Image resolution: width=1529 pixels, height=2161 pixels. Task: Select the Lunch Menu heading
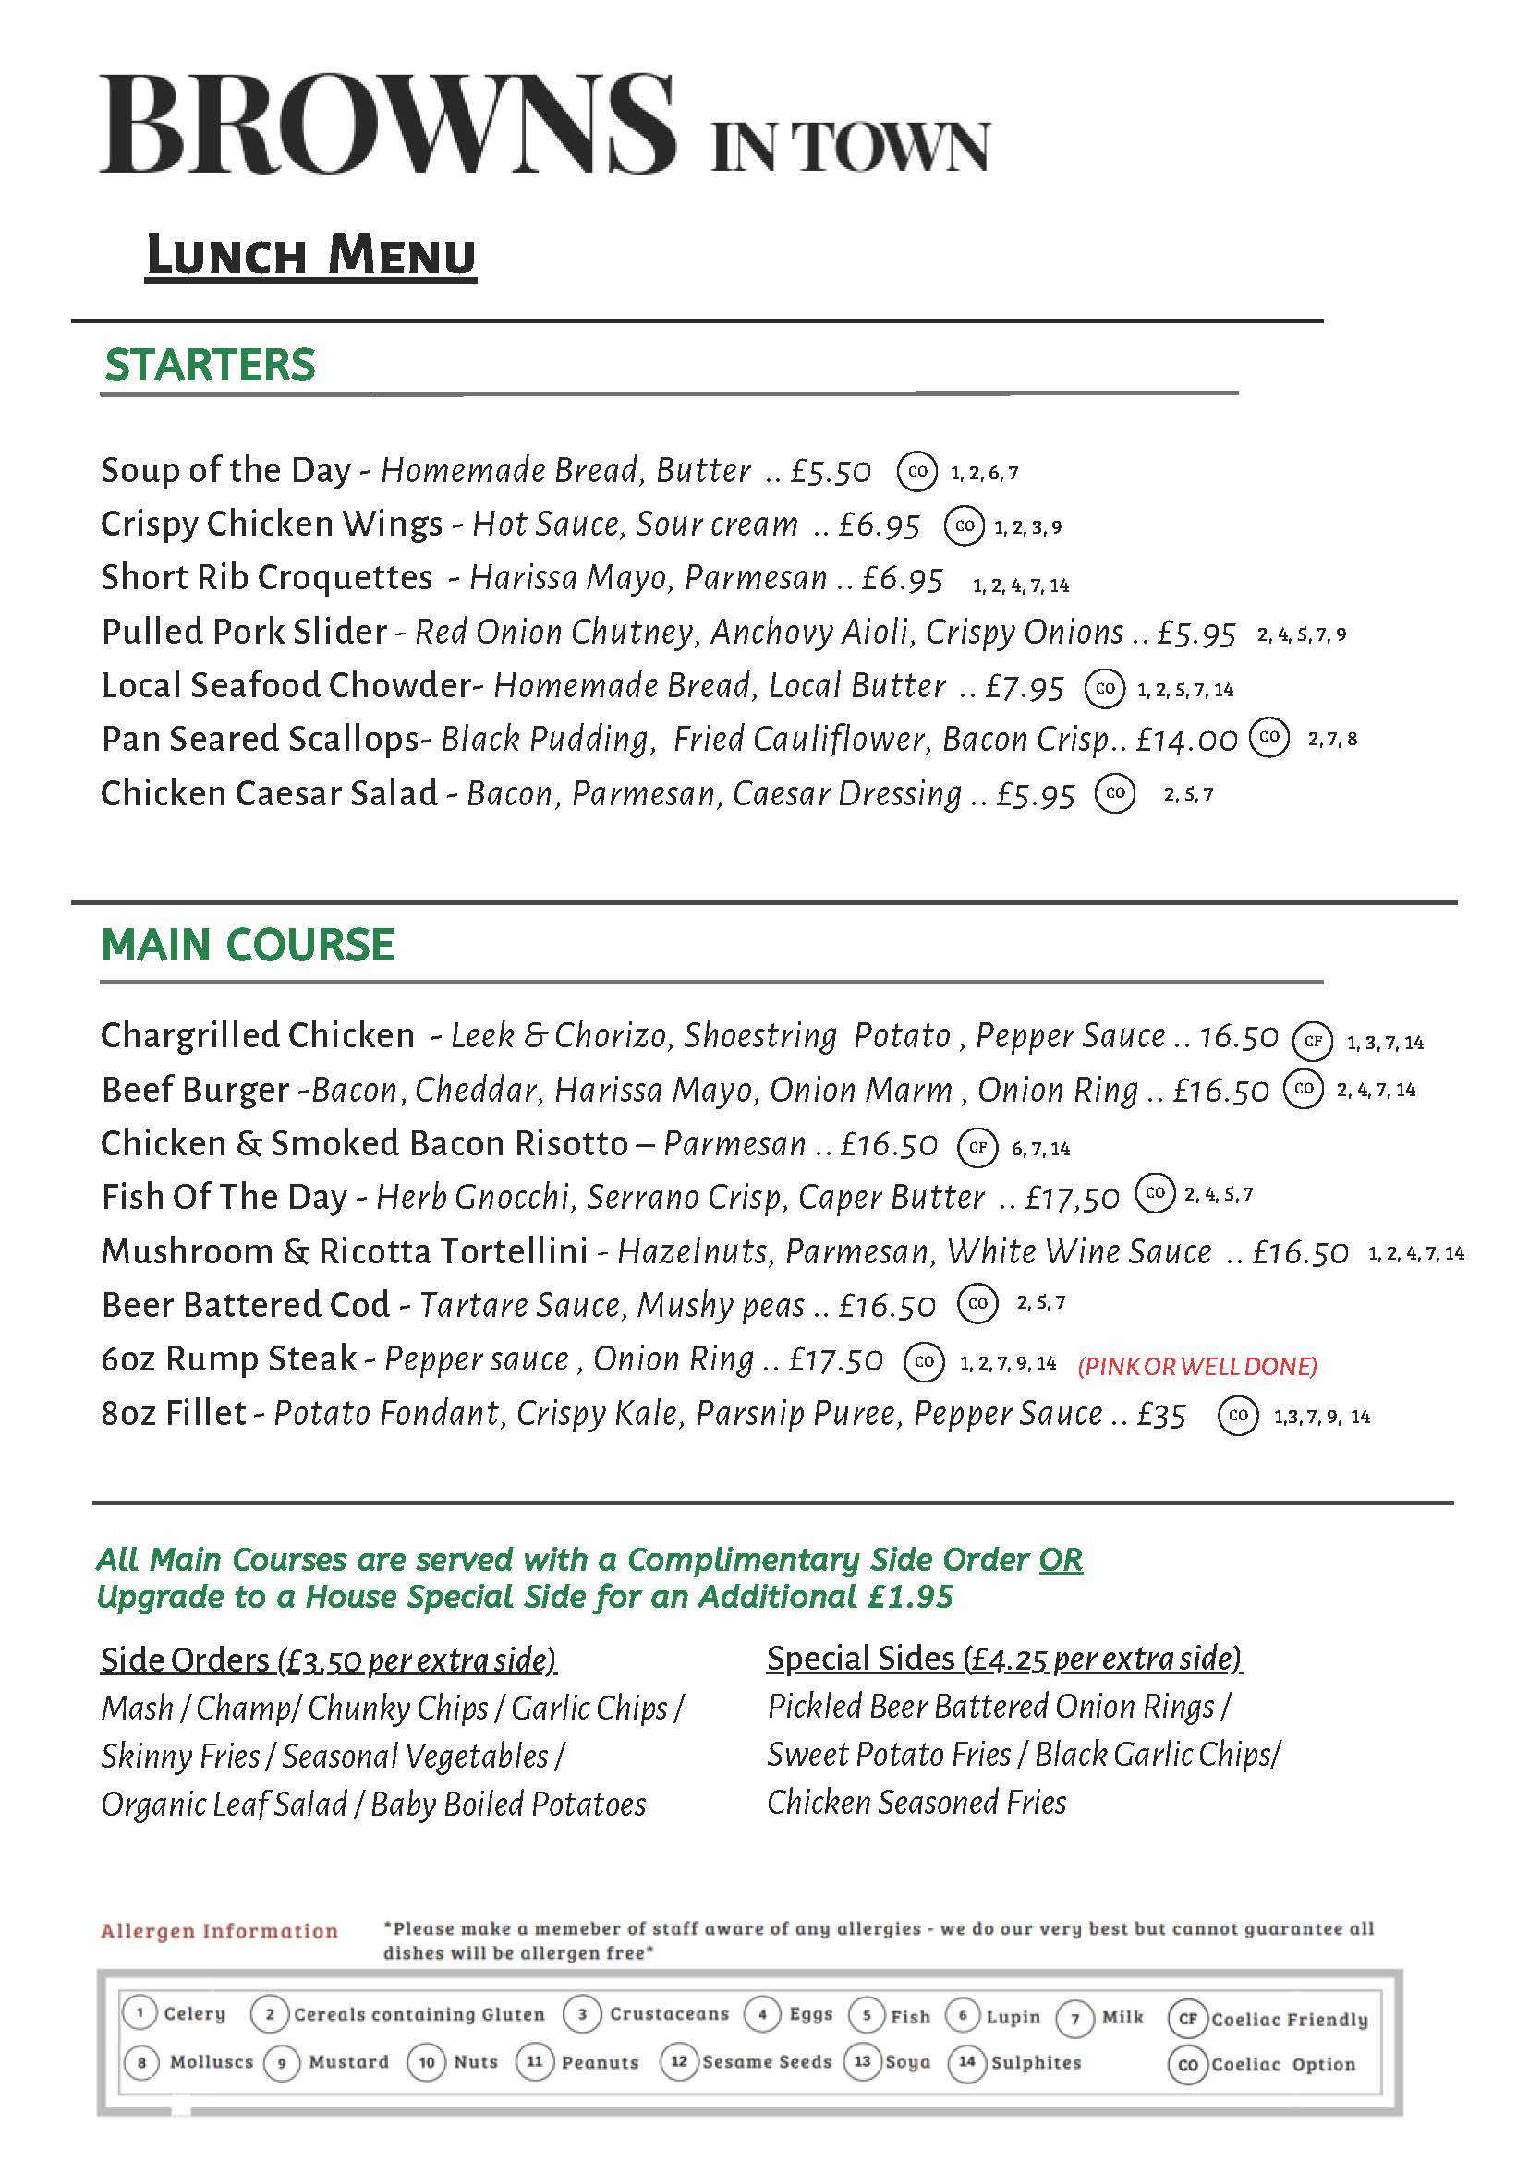click(x=310, y=256)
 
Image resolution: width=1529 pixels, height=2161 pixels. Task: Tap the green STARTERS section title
click(x=210, y=365)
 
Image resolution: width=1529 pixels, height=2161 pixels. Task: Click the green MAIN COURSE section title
click(x=247, y=945)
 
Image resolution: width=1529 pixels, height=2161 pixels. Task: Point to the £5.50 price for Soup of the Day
click(x=831, y=472)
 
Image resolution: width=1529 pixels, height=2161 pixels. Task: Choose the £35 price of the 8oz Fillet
click(x=1161, y=1416)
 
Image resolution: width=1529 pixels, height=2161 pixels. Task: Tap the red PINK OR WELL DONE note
click(x=1196, y=1367)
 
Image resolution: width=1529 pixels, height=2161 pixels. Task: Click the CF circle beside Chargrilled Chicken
click(x=1313, y=1041)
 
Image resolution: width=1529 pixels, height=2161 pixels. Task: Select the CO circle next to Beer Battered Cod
click(x=977, y=1304)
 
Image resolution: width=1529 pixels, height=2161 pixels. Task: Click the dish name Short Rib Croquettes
click(x=266, y=578)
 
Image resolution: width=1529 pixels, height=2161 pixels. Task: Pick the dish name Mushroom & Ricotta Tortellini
click(x=344, y=1251)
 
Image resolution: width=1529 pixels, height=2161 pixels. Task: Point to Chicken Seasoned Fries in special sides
click(x=916, y=1804)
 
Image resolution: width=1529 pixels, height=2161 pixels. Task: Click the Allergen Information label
click(x=218, y=1931)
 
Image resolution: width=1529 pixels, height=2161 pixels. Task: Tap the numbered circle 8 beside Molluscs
click(x=141, y=2062)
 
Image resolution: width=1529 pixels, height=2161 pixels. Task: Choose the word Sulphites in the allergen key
click(x=1036, y=2062)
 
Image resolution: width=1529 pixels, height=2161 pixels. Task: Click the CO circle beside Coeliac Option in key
click(x=1187, y=2064)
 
